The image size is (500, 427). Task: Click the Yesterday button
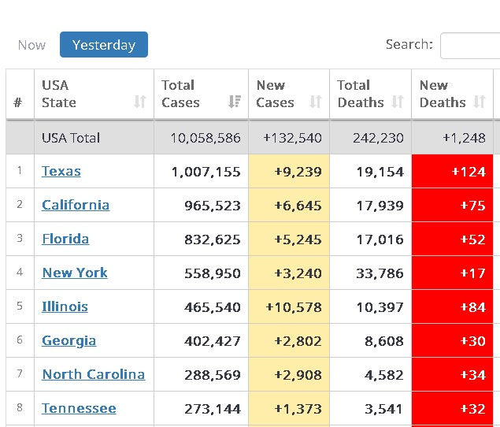tap(103, 45)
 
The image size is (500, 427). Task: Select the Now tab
tap(31, 45)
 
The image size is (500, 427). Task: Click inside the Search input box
tap(471, 45)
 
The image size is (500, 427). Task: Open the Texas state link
tap(61, 171)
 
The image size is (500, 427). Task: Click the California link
tap(76, 205)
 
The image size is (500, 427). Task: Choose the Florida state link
tap(65, 239)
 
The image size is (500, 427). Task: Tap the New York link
tap(75, 273)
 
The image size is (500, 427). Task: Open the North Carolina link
tap(93, 374)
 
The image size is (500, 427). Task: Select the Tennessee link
tap(79, 408)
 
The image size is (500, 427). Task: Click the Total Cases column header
tap(180, 94)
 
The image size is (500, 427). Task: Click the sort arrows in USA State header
tap(139, 102)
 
